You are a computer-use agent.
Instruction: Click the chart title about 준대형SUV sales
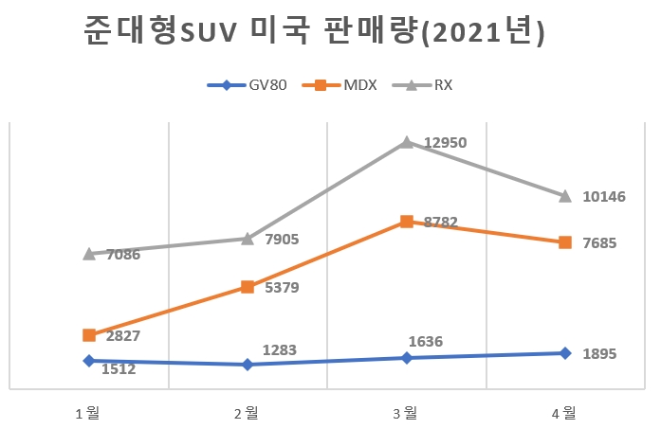point(314,33)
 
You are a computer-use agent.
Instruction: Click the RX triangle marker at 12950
point(406,142)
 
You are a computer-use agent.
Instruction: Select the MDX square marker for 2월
point(248,287)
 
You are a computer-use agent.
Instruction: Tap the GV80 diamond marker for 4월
point(565,353)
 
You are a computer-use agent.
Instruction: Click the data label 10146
point(604,196)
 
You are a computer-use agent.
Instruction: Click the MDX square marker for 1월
point(89,335)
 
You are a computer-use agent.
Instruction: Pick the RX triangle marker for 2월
point(248,239)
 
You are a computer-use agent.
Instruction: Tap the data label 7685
point(600,243)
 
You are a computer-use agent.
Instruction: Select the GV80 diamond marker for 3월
point(406,358)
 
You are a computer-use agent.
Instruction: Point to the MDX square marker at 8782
point(406,222)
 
